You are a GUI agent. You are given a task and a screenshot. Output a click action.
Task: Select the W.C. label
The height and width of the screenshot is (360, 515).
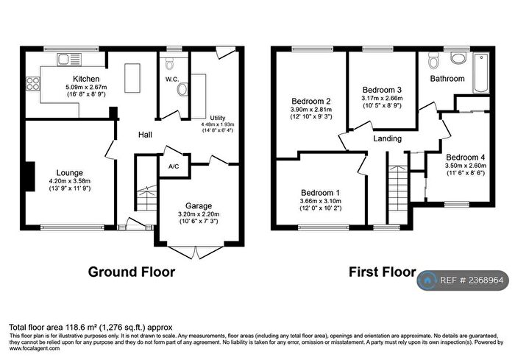point(173,79)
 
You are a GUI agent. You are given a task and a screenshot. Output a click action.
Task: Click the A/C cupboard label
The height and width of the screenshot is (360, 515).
point(174,166)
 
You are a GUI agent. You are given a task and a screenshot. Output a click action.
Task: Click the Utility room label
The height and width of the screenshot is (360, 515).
point(218,118)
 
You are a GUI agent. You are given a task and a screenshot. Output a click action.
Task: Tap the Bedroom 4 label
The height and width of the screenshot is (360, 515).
point(465,157)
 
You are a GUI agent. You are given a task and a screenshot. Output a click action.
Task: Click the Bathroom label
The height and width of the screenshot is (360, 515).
point(447,78)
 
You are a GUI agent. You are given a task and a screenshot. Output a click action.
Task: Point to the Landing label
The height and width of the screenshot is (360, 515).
point(387,138)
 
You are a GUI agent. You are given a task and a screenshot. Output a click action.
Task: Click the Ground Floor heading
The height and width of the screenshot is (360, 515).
point(132,272)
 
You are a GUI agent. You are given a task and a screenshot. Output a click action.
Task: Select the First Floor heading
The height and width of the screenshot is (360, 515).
point(382,272)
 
